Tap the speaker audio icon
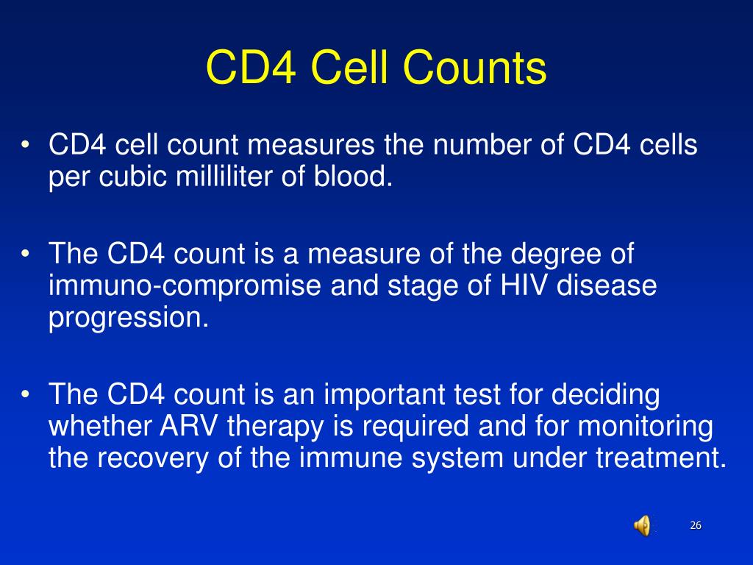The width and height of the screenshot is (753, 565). pos(642,525)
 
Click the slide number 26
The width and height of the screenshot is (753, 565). pos(696,525)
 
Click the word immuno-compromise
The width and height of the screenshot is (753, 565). pos(185,286)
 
